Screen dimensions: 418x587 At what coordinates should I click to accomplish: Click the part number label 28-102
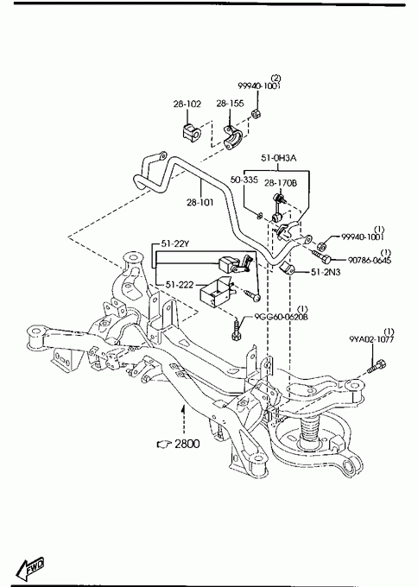coord(187,104)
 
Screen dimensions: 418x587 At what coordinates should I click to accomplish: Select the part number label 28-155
coord(230,104)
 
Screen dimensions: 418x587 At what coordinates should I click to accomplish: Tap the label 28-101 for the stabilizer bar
coord(200,203)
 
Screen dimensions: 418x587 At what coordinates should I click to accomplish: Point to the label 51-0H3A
coord(279,158)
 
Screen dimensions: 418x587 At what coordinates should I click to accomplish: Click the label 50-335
coord(244,180)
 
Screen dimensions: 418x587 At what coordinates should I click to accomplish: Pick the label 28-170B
coord(281,183)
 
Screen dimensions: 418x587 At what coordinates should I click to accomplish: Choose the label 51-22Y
coord(175,244)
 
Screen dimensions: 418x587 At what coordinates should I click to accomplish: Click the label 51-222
coord(180,285)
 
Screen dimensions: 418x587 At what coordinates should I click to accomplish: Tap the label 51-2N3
coord(326,272)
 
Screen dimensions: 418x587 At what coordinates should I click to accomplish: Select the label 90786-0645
coord(370,260)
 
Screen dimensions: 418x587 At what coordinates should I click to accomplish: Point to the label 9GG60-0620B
coord(282,317)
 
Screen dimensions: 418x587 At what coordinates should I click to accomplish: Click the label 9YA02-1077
coord(371,339)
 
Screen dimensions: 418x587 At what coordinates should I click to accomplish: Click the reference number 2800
coord(187,444)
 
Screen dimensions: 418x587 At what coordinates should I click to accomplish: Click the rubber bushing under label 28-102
coord(192,132)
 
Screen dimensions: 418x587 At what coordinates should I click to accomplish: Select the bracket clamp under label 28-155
coord(233,137)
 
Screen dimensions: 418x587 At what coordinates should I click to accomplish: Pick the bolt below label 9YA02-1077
coord(377,366)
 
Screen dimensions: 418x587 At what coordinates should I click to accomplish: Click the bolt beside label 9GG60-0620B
coord(237,329)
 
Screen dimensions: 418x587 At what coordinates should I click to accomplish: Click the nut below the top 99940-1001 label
coord(256,113)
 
